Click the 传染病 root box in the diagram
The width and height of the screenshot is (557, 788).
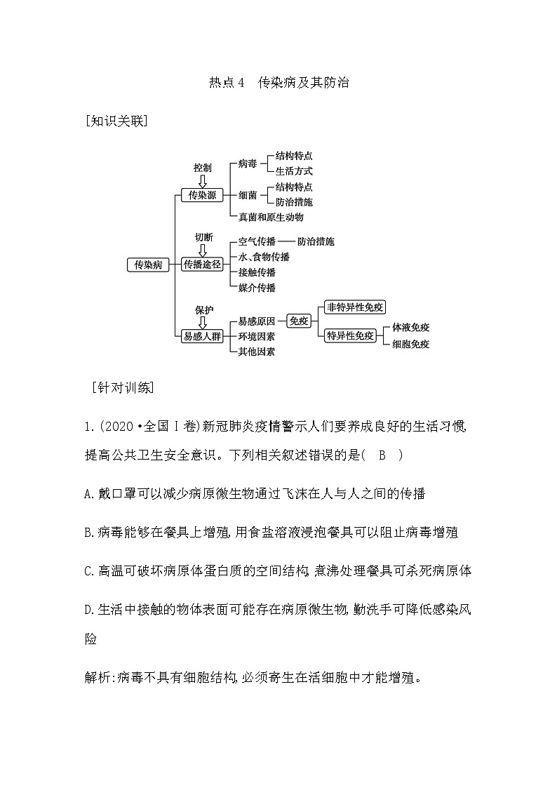[148, 265]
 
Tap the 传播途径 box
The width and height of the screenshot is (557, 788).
[202, 265]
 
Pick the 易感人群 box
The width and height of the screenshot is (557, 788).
[202, 336]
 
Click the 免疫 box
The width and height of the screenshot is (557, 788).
[299, 321]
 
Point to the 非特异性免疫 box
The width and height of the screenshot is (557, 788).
[356, 307]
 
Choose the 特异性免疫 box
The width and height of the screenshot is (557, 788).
[350, 336]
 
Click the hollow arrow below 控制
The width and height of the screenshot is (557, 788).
[203, 181]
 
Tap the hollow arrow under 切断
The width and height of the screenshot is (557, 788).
[203, 251]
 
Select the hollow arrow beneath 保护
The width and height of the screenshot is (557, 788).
[203, 322]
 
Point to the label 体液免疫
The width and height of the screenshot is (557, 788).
[411, 328]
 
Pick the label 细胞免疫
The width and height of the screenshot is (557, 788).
[411, 344]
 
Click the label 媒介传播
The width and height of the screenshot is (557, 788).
[257, 288]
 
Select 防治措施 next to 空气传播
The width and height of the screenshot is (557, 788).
[315, 241]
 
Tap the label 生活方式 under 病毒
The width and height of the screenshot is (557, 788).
[294, 171]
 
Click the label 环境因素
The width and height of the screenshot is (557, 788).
[257, 337]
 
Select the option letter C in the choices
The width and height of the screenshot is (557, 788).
[88, 571]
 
